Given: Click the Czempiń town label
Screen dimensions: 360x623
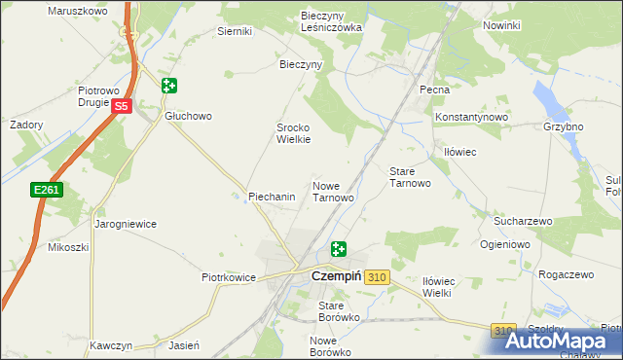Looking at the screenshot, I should point(336,276).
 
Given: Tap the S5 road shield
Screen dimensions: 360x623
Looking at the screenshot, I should point(121,106).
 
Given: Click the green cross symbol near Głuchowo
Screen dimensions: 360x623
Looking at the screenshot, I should point(169,86).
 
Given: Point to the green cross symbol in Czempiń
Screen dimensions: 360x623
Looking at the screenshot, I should point(338,249).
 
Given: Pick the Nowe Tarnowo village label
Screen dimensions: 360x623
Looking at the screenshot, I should point(332,191).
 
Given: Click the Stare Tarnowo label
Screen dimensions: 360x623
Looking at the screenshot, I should point(410,177).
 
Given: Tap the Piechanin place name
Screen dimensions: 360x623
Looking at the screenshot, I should point(272,197).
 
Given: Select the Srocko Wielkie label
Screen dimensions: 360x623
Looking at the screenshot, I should point(294,133).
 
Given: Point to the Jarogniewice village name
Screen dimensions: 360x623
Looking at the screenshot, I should point(126,224).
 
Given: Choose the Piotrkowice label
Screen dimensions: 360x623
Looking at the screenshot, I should point(228,277).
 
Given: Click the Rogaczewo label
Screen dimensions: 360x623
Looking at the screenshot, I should point(566,275).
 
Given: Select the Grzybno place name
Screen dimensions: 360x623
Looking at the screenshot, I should point(564,126).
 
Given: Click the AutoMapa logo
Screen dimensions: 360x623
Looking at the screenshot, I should point(565,341).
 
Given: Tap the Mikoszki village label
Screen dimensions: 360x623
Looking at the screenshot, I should point(68,247).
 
